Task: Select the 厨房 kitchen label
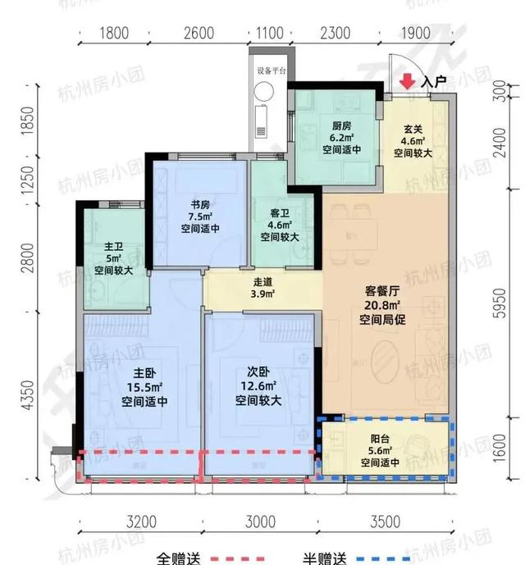(x=342, y=125)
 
